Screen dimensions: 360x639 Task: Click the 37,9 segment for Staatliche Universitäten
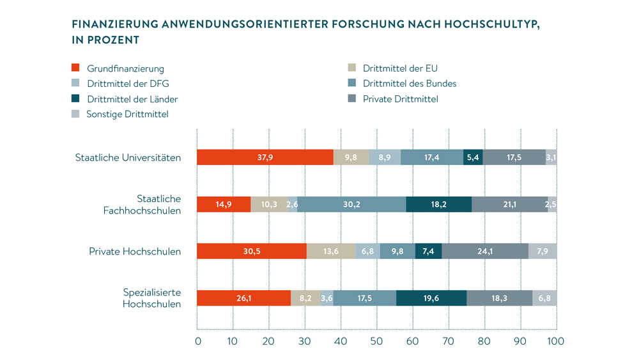tap(265, 157)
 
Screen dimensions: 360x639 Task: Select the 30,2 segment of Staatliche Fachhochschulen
tap(351, 204)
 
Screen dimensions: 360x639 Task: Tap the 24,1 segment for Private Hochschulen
tap(485, 251)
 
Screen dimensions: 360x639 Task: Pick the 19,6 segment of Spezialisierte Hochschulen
tap(431, 299)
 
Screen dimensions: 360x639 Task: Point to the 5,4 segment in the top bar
tap(473, 157)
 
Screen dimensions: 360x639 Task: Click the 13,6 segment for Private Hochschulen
tap(331, 251)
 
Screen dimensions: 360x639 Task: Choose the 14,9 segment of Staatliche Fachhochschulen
tap(224, 204)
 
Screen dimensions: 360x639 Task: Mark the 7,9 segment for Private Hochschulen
tap(543, 251)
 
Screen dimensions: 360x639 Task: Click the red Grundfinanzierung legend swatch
tap(75, 68)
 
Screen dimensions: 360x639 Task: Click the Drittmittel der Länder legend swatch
tap(75, 99)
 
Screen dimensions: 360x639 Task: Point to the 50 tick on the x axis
tap(377, 341)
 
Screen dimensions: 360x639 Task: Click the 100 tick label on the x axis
tap(555, 341)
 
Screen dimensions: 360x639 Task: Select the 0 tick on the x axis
tap(198, 341)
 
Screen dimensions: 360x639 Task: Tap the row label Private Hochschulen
tap(135, 251)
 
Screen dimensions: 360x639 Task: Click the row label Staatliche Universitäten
tap(128, 157)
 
